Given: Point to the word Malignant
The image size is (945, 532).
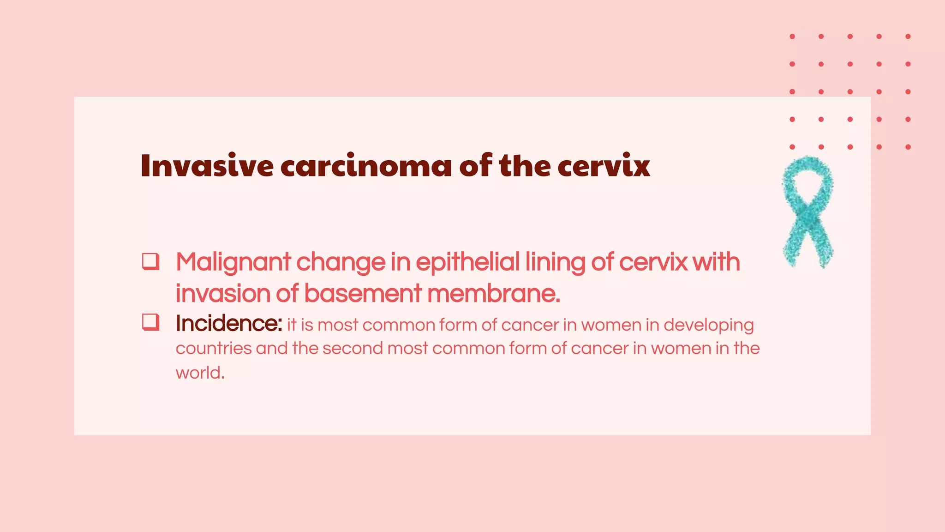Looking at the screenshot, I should (233, 263).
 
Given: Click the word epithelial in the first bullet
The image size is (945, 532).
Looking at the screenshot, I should (468, 263).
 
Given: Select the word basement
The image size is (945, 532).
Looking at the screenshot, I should (363, 294).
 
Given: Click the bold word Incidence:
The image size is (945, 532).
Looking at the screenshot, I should (228, 324).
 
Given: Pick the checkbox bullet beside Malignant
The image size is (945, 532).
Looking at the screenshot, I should (150, 261).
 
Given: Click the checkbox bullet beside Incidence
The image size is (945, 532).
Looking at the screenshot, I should (150, 322).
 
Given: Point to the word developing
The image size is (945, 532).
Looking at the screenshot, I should (709, 326).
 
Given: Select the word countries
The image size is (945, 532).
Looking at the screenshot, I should (213, 349).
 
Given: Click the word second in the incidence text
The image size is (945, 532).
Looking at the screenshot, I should (353, 349).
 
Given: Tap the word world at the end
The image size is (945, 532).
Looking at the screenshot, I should (199, 373).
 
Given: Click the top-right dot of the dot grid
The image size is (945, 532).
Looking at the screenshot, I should (908, 36).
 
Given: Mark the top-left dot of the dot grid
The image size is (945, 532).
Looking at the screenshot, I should (792, 36).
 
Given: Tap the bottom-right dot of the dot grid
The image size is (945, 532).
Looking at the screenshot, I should (908, 147).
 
